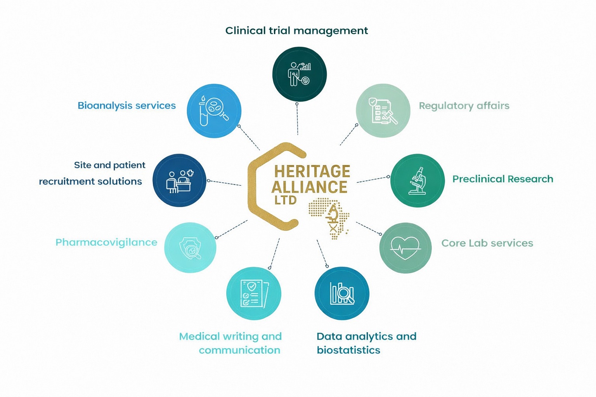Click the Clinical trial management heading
point(297,31)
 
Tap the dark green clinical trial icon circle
point(299,74)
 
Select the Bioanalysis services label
point(126,105)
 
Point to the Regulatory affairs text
point(464,105)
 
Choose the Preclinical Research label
point(503,179)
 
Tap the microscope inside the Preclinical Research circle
point(418,181)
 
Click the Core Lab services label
point(487,243)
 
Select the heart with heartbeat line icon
point(405,248)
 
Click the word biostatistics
point(348,350)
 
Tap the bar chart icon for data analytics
point(342,293)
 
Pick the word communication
point(239,350)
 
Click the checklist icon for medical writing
point(254,293)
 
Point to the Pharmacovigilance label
point(106,243)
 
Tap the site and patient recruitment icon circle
point(179,180)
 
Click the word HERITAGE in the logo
point(312,171)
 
